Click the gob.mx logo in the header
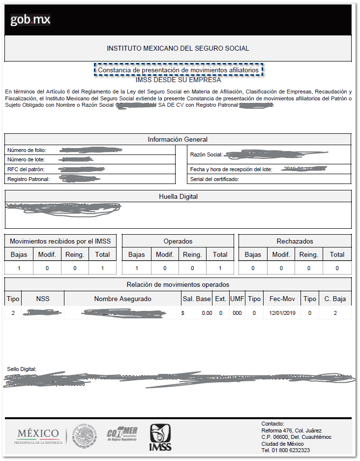[30, 20]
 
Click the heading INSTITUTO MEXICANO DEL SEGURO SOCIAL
[178, 48]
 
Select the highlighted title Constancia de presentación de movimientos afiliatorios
[178, 70]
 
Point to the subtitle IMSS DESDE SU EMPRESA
[178, 80]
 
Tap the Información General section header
[178, 139]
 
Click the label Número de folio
[27, 150]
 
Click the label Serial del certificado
[214, 179]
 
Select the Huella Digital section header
[178, 196]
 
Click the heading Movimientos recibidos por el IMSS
[60, 241]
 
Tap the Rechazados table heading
[295, 241]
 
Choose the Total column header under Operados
[220, 254]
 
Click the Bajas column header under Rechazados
[253, 254]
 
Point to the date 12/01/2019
[282, 313]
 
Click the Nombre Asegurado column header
[122, 299]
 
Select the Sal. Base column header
[196, 299]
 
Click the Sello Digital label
[22, 369]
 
